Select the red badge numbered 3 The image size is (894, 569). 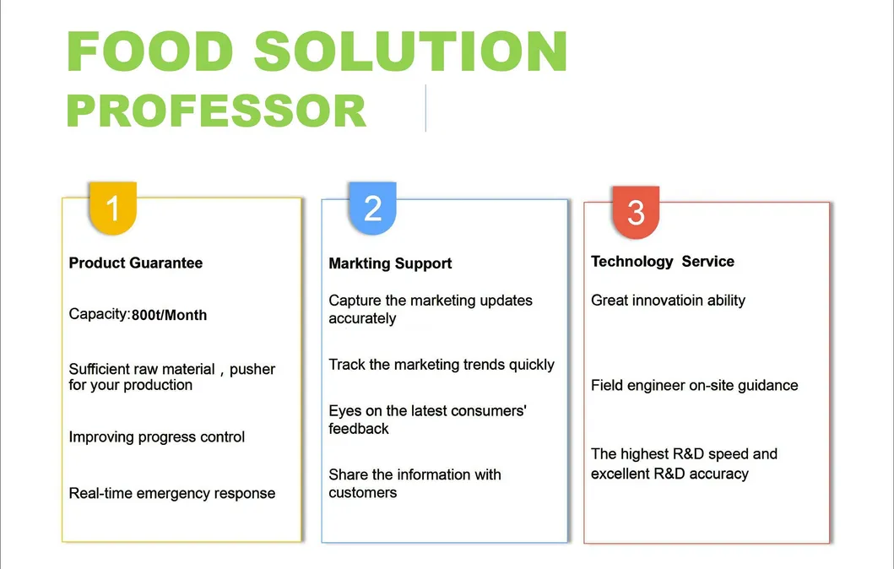point(636,212)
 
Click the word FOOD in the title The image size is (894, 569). point(150,51)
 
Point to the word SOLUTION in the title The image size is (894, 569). point(410,51)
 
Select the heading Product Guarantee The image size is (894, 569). point(136,263)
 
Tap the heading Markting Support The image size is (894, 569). point(390,263)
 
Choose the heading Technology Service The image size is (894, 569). point(663,261)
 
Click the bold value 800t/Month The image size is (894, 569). point(170,315)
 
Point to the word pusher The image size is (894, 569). point(252,370)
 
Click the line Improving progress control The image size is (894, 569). point(157,437)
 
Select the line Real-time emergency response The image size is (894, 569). point(172,493)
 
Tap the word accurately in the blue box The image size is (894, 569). point(362,319)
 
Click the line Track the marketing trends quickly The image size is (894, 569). point(442,365)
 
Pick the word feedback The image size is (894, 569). point(359,429)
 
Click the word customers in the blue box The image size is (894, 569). point(363,493)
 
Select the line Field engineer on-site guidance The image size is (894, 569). point(695,386)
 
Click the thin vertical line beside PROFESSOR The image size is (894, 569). point(426,108)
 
